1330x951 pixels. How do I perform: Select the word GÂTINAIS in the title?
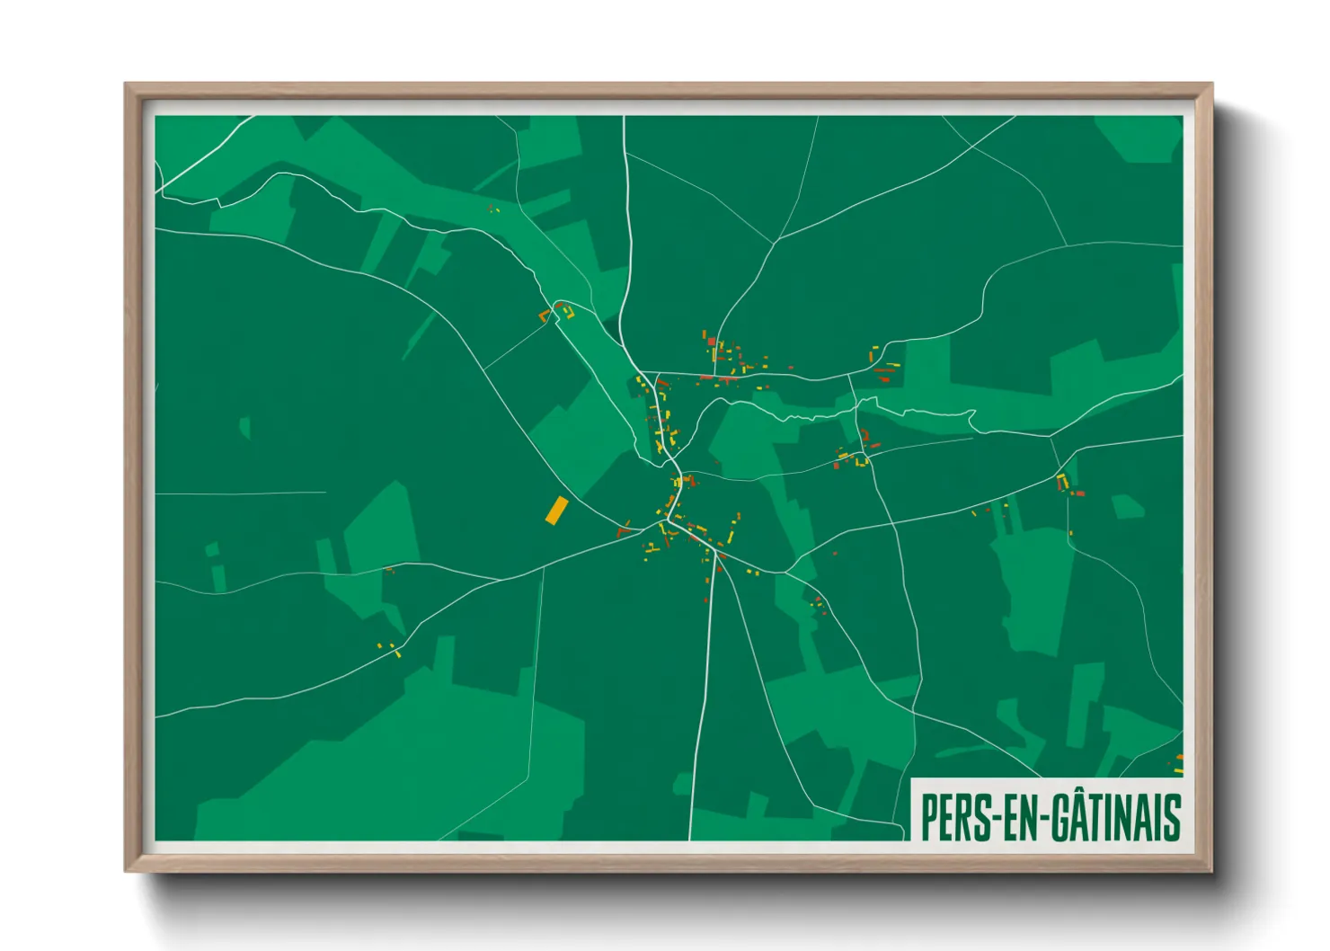(1114, 817)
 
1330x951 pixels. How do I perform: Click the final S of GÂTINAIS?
(1171, 817)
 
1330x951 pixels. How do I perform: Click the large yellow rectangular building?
(556, 511)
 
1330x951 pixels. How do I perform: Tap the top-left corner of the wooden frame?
(127, 85)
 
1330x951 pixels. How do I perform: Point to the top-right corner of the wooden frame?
(1210, 85)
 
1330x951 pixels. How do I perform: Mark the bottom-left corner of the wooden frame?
(127, 869)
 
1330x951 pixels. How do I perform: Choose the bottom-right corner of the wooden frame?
(1210, 869)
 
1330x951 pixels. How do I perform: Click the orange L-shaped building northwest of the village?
(543, 316)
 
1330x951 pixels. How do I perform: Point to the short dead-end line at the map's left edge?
(240, 493)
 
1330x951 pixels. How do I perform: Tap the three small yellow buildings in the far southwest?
(389, 648)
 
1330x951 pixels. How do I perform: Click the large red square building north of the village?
(711, 342)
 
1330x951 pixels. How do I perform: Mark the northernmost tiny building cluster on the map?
(492, 209)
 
